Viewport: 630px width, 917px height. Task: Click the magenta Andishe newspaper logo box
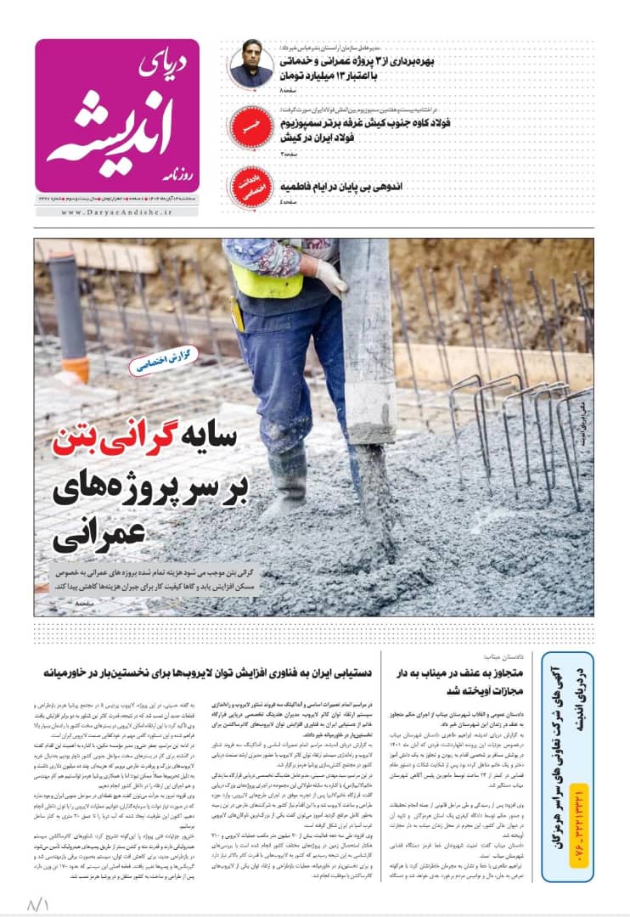(117, 115)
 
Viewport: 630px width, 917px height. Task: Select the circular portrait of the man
(251, 65)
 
